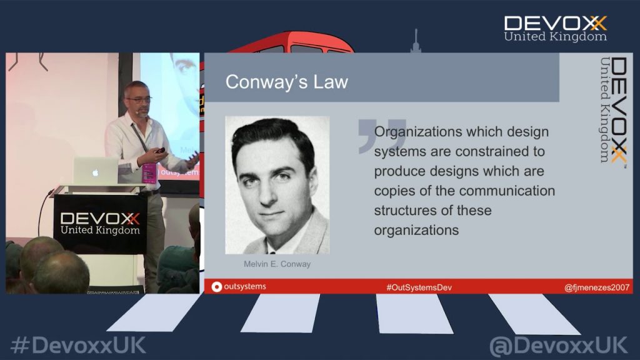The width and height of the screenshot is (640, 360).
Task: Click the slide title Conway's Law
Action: pyautogui.click(x=286, y=82)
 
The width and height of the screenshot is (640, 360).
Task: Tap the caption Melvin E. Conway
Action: pyautogui.click(x=277, y=264)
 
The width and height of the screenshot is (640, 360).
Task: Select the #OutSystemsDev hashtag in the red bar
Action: pyautogui.click(x=419, y=287)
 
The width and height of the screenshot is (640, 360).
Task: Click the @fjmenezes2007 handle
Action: pyautogui.click(x=597, y=287)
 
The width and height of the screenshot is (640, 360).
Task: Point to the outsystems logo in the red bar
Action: pyautogui.click(x=239, y=286)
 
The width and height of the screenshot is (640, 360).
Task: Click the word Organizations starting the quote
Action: pyautogui.click(x=417, y=132)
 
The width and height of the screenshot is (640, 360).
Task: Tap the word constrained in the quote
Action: pyautogui.click(x=485, y=151)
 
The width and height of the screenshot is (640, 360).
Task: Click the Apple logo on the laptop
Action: pyautogui.click(x=95, y=172)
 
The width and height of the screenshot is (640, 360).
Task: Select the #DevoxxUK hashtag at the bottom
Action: pyautogui.click(x=78, y=345)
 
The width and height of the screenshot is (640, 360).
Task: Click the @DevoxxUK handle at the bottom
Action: pyautogui.click(x=558, y=346)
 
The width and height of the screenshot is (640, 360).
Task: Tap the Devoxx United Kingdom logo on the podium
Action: pyautogui.click(x=100, y=223)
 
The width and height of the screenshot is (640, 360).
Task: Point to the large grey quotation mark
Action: pyautogui.click(x=381, y=136)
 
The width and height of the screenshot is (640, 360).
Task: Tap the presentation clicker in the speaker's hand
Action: pyautogui.click(x=160, y=151)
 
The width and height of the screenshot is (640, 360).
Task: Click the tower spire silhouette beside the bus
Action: pyautogui.click(x=416, y=41)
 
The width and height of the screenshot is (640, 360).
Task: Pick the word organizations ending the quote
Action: pyautogui.click(x=416, y=230)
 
